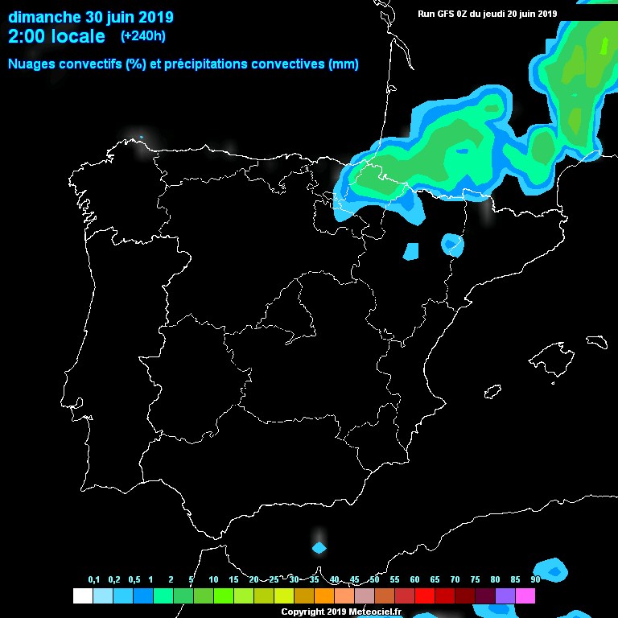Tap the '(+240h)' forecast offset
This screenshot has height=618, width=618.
coord(143,36)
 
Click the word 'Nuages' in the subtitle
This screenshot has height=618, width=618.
coord(31,64)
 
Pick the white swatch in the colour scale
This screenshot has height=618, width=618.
coord(82,595)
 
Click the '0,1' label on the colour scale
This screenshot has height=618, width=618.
coord(93,579)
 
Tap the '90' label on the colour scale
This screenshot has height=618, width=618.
coord(535,579)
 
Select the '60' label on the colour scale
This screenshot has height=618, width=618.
coord(414,579)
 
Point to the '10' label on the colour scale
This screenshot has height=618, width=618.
coord(213,579)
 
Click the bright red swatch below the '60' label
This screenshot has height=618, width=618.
coord(425,595)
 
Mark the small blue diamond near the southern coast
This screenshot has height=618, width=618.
coord(319,548)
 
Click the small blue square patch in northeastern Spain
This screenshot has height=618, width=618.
coord(411,251)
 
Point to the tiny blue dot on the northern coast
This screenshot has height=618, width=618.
coord(141,137)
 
